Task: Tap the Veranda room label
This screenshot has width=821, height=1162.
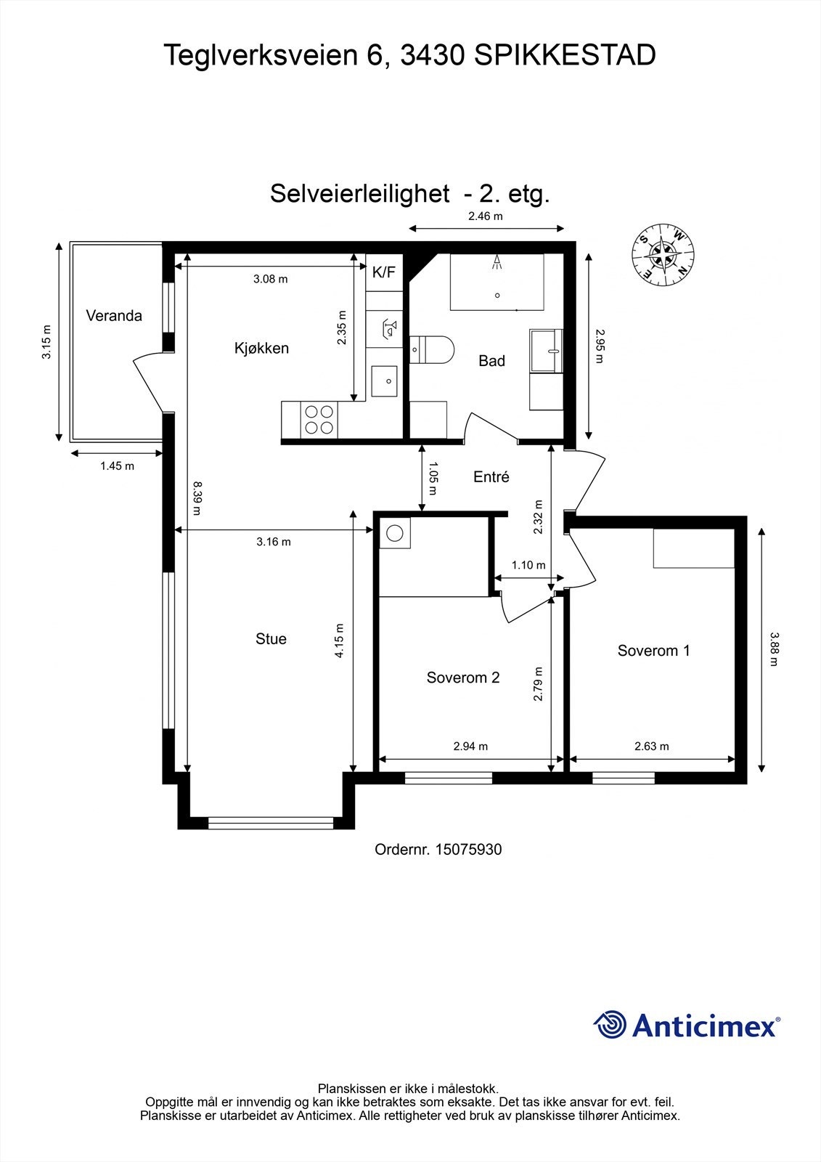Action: coord(114,316)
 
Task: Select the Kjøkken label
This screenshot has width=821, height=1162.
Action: coord(261,348)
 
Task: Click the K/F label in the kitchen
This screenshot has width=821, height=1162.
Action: coord(384,272)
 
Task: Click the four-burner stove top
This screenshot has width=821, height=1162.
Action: coord(319,419)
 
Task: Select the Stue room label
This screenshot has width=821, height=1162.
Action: coord(271,639)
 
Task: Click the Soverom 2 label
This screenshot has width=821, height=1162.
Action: coord(463,678)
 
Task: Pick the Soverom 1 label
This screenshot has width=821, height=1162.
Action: coord(653,651)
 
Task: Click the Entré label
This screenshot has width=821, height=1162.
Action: coord(491,477)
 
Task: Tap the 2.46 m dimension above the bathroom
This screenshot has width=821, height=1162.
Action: coord(486,216)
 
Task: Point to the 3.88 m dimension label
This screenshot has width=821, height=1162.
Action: coord(774,649)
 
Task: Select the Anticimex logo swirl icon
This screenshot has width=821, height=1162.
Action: coord(610,1025)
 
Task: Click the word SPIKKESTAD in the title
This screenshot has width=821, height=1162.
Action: coord(565,55)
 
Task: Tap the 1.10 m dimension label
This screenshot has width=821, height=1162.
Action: coord(528,565)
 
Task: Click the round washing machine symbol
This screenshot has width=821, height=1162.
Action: coord(394,533)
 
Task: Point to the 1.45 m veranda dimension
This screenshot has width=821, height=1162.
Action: coord(117,466)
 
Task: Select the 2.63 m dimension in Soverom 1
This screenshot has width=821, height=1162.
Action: coord(652,746)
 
